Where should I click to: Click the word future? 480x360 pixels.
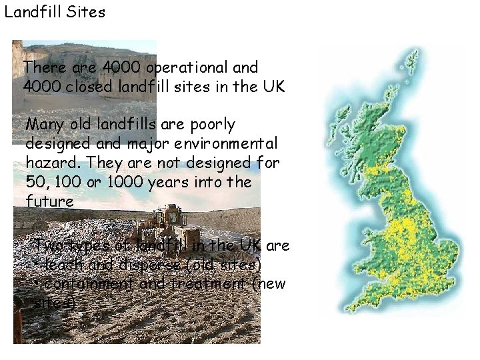[x=49, y=201]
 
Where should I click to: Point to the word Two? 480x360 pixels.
[x=48, y=245]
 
